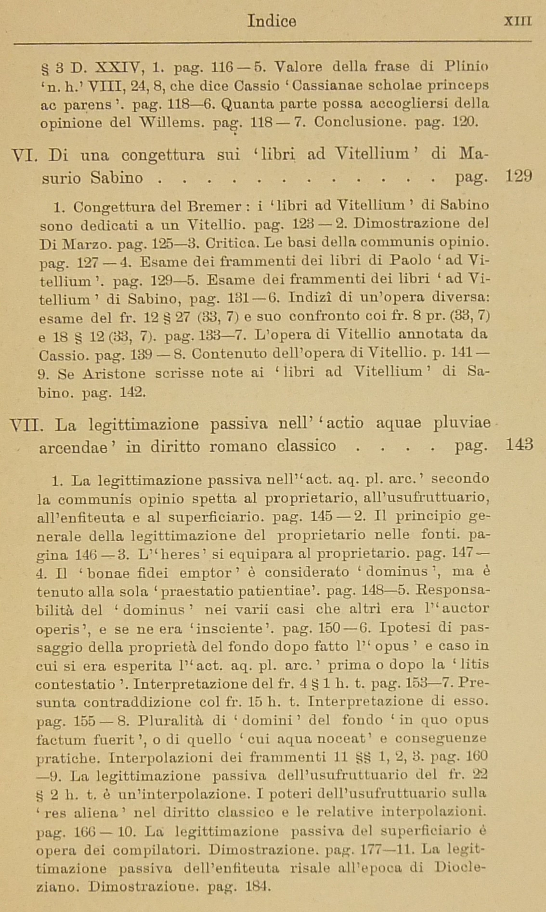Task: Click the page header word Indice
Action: (x=272, y=21)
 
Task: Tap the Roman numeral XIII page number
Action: (x=517, y=22)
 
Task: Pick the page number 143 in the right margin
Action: (x=519, y=444)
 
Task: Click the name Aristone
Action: (x=114, y=373)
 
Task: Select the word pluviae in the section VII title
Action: (x=462, y=423)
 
